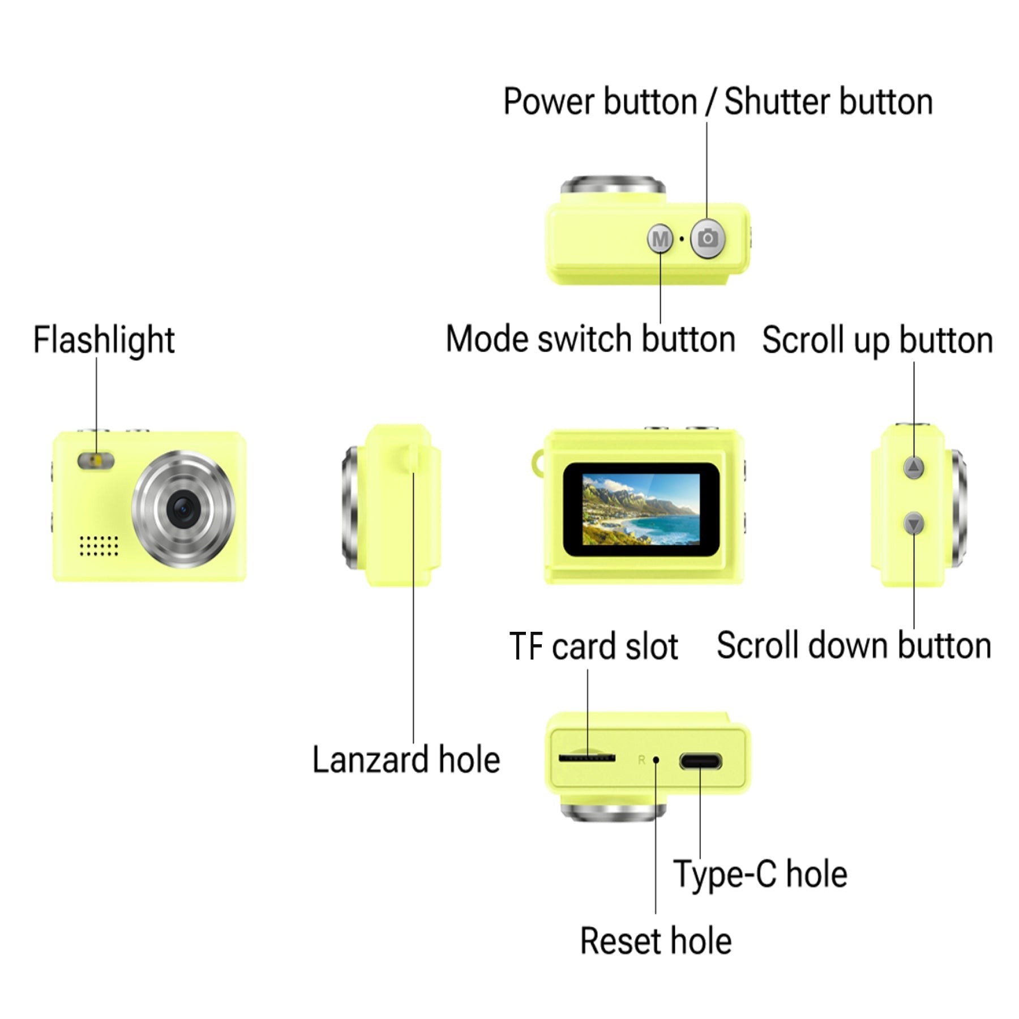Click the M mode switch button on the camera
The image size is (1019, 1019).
(x=660, y=239)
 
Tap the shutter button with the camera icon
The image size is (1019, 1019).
(x=707, y=238)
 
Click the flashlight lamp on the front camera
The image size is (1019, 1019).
(x=96, y=460)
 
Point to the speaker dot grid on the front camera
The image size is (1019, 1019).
(x=99, y=545)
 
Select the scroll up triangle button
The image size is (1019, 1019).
(x=914, y=467)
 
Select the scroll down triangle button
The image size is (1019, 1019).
(x=914, y=524)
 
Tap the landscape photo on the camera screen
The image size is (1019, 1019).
(x=640, y=509)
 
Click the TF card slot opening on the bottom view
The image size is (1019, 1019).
(x=586, y=757)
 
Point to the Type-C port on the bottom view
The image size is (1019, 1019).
(x=700, y=761)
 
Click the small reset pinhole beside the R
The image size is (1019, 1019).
(x=656, y=760)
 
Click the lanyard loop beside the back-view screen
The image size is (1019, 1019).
(x=537, y=463)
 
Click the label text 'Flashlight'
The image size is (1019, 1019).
(x=104, y=340)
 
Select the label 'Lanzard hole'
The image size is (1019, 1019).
(x=406, y=760)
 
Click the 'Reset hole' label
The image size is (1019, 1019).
(x=656, y=941)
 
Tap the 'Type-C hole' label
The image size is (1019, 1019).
(x=760, y=874)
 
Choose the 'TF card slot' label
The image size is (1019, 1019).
(x=593, y=646)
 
